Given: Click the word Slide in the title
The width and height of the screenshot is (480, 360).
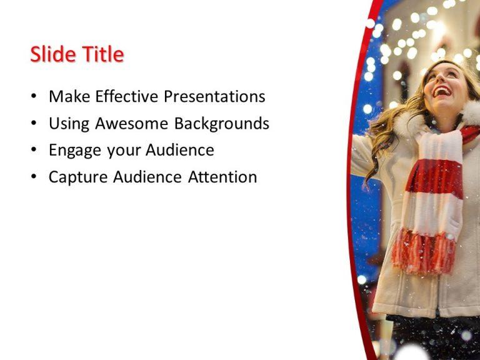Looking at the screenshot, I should (x=52, y=55).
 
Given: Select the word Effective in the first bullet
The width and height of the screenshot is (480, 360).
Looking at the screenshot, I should (x=124, y=97).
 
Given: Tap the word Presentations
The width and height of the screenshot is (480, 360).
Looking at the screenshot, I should (x=214, y=97).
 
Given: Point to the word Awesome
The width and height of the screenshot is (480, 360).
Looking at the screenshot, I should (x=132, y=124).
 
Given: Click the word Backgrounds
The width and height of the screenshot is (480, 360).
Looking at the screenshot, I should (x=221, y=124).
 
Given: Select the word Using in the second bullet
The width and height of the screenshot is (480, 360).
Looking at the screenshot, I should (x=69, y=124).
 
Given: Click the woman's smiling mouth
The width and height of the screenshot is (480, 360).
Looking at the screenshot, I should (x=442, y=92).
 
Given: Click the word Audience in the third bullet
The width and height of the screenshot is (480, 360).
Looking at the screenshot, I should (x=180, y=151).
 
